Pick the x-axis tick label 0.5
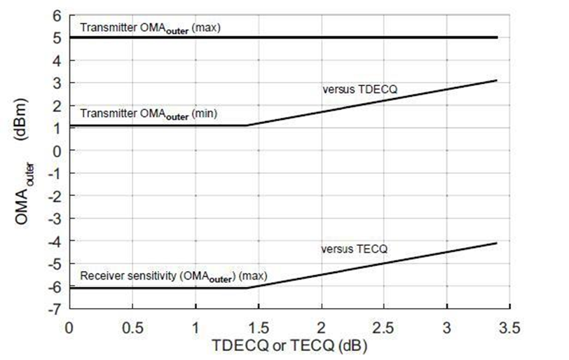[x=132, y=327]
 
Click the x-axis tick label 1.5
[x=258, y=327]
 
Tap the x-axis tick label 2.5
[x=384, y=327]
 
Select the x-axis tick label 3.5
[x=510, y=327]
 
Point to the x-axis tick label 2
[x=321, y=327]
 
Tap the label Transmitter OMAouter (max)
[x=150, y=29]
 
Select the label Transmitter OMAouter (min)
[x=149, y=114]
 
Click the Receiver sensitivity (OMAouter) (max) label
[x=173, y=275]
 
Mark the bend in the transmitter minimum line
[x=247, y=125]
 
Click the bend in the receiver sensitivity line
[x=247, y=288]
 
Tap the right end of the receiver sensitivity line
[x=497, y=243]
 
